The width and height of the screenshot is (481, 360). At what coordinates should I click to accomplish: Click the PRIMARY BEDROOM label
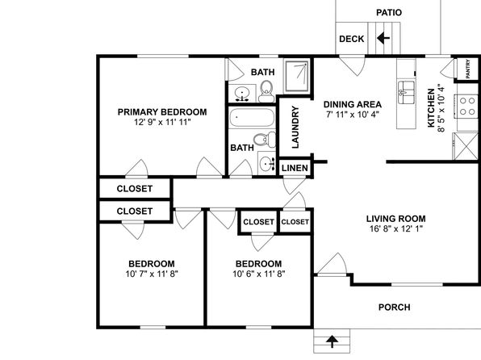point(162,112)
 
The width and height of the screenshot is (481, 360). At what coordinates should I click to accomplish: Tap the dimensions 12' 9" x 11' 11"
point(162,122)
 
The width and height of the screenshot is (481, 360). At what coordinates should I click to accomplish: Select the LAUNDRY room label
point(295,127)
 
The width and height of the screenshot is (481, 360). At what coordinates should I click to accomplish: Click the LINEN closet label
point(295,168)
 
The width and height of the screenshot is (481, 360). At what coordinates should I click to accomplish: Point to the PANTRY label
point(468,69)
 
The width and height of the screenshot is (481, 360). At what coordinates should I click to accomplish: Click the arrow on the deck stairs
point(383,39)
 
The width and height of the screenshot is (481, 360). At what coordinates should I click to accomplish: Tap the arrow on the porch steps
point(332,341)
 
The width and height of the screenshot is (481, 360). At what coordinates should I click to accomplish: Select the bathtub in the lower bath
point(252,117)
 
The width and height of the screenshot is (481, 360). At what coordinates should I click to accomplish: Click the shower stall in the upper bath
point(297,77)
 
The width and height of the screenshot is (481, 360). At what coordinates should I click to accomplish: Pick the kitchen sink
point(406,92)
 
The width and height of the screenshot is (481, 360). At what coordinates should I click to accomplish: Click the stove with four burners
point(467,107)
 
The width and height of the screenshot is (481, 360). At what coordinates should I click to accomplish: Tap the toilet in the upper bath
point(266,91)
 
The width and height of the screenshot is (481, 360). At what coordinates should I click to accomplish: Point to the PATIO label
point(389,13)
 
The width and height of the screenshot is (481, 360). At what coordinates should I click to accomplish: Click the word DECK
point(352,39)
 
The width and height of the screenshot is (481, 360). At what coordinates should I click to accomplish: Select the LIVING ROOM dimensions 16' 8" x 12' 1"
point(396,228)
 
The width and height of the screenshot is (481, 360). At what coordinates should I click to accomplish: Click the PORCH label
point(394,308)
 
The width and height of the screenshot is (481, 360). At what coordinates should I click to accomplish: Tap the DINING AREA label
point(353,104)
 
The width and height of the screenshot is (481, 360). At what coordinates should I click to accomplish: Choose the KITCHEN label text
point(431,107)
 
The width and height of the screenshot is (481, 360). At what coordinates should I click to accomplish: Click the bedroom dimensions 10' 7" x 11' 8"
point(152,274)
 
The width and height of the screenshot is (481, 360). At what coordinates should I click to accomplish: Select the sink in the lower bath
point(266,164)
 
